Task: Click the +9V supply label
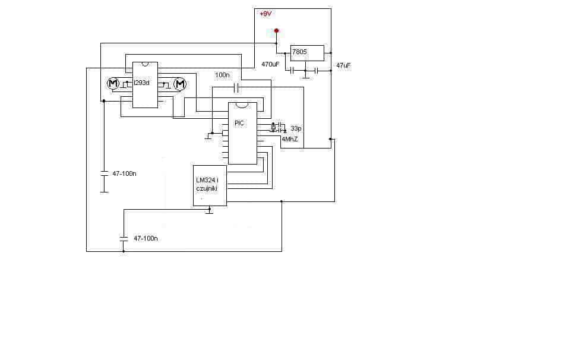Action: [x=265, y=14]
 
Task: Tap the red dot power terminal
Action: [x=277, y=31]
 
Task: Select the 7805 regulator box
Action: [x=307, y=53]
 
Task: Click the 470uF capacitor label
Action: [x=270, y=65]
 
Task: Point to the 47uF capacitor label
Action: [x=343, y=66]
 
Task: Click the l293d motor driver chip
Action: [x=145, y=85]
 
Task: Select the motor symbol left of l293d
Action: [x=113, y=83]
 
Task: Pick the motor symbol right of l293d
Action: [x=180, y=84]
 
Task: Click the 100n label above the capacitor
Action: [x=222, y=75]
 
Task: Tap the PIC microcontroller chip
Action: [x=242, y=133]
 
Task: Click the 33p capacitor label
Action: [x=296, y=128]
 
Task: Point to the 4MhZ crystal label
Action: [x=290, y=139]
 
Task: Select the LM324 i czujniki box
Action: [x=210, y=185]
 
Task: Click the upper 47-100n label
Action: [x=124, y=173]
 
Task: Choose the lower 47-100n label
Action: [x=146, y=239]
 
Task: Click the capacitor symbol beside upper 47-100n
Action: [x=104, y=173]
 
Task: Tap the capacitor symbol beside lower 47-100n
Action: [x=124, y=238]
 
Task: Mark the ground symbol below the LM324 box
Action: [x=210, y=211]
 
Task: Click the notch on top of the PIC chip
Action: [x=242, y=105]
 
